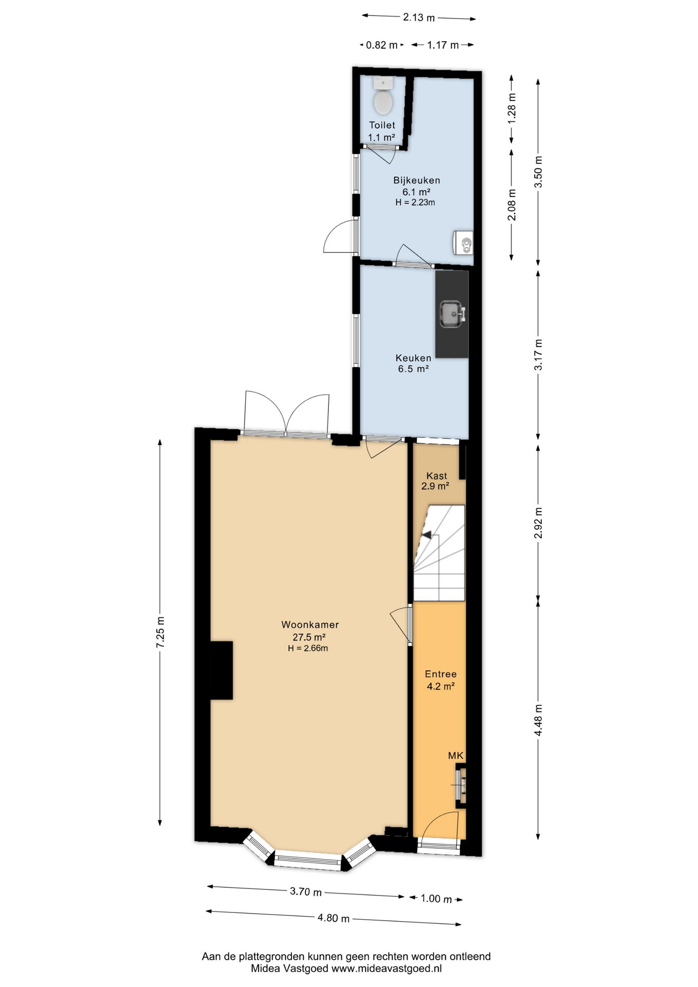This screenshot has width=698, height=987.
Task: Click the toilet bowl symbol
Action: [x=382, y=96]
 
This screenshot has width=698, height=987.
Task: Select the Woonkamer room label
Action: [x=310, y=625]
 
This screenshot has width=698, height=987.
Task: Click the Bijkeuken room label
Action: [x=416, y=180]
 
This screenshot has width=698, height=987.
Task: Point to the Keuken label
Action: [x=413, y=358]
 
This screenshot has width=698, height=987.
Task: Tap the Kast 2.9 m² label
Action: [x=436, y=481]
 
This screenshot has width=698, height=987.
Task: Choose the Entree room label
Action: [x=440, y=674]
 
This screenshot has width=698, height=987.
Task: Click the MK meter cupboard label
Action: [x=456, y=755]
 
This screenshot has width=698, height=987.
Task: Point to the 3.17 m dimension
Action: [x=538, y=355]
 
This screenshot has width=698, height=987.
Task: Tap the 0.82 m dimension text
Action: [x=381, y=45]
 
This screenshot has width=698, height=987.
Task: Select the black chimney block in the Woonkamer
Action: [x=222, y=670]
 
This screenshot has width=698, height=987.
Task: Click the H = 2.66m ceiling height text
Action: [x=308, y=648]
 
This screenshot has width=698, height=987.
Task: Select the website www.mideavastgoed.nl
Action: [x=387, y=968]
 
